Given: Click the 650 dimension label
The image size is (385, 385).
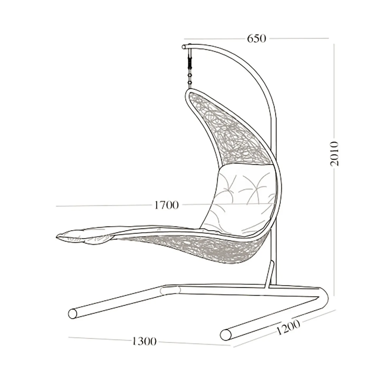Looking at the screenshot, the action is pyautogui.click(x=257, y=38).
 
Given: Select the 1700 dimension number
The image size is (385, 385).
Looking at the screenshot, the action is pyautogui.click(x=166, y=205).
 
